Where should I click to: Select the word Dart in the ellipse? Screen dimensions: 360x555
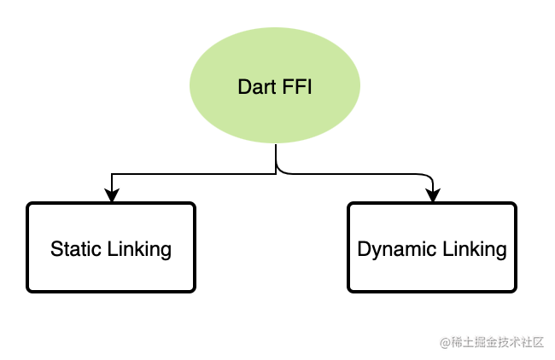click(253, 87)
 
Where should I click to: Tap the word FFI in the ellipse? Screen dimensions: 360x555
click(295, 87)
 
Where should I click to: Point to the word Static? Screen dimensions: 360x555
click(76, 249)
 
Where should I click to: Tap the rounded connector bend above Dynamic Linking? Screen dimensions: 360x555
click(429, 177)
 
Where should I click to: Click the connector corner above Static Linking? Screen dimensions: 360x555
click(112, 176)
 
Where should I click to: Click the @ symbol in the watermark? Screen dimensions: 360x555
click(445, 343)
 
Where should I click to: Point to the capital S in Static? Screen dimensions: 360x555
click(56, 249)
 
